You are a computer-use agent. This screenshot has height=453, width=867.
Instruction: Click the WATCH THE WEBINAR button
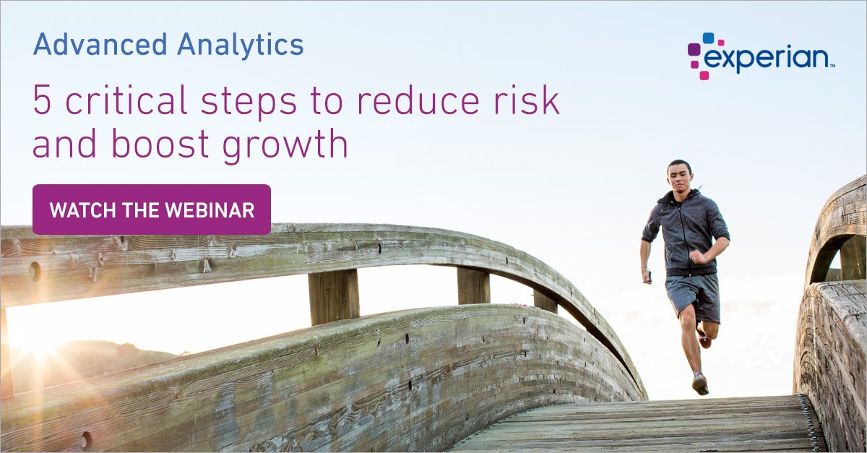152,210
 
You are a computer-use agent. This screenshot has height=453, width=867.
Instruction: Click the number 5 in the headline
42,101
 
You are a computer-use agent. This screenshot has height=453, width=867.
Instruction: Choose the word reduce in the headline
433,101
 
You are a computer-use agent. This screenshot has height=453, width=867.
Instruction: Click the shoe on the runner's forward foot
700,383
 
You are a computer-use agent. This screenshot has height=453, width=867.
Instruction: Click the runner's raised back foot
704,337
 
